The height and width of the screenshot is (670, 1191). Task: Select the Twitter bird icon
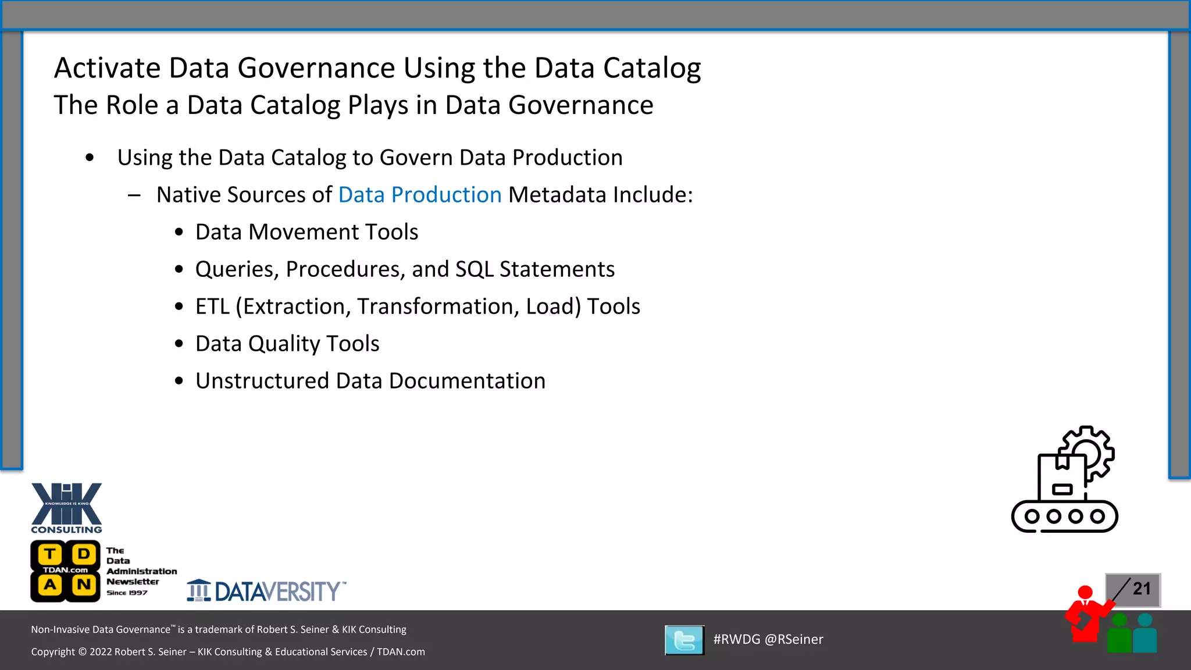pyautogui.click(x=684, y=640)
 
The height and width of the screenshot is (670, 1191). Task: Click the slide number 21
pyautogui.click(x=1142, y=589)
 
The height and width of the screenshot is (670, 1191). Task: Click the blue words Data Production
pyautogui.click(x=420, y=195)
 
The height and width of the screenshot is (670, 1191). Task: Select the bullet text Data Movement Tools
pyautogui.click(x=306, y=232)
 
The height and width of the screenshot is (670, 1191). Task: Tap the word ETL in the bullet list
pyautogui.click(x=212, y=307)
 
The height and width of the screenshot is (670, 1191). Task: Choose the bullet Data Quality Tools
pyautogui.click(x=287, y=344)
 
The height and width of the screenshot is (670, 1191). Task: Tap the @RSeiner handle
pyautogui.click(x=794, y=639)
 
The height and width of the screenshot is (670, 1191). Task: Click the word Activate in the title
pyautogui.click(x=108, y=68)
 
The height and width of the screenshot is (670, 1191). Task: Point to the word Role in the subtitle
pyautogui.click(x=132, y=105)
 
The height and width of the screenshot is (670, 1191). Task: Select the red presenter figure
pyautogui.click(x=1085, y=616)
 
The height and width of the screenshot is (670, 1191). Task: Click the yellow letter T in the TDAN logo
pyautogui.click(x=51, y=554)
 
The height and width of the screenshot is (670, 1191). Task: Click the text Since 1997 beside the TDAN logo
pyautogui.click(x=127, y=593)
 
